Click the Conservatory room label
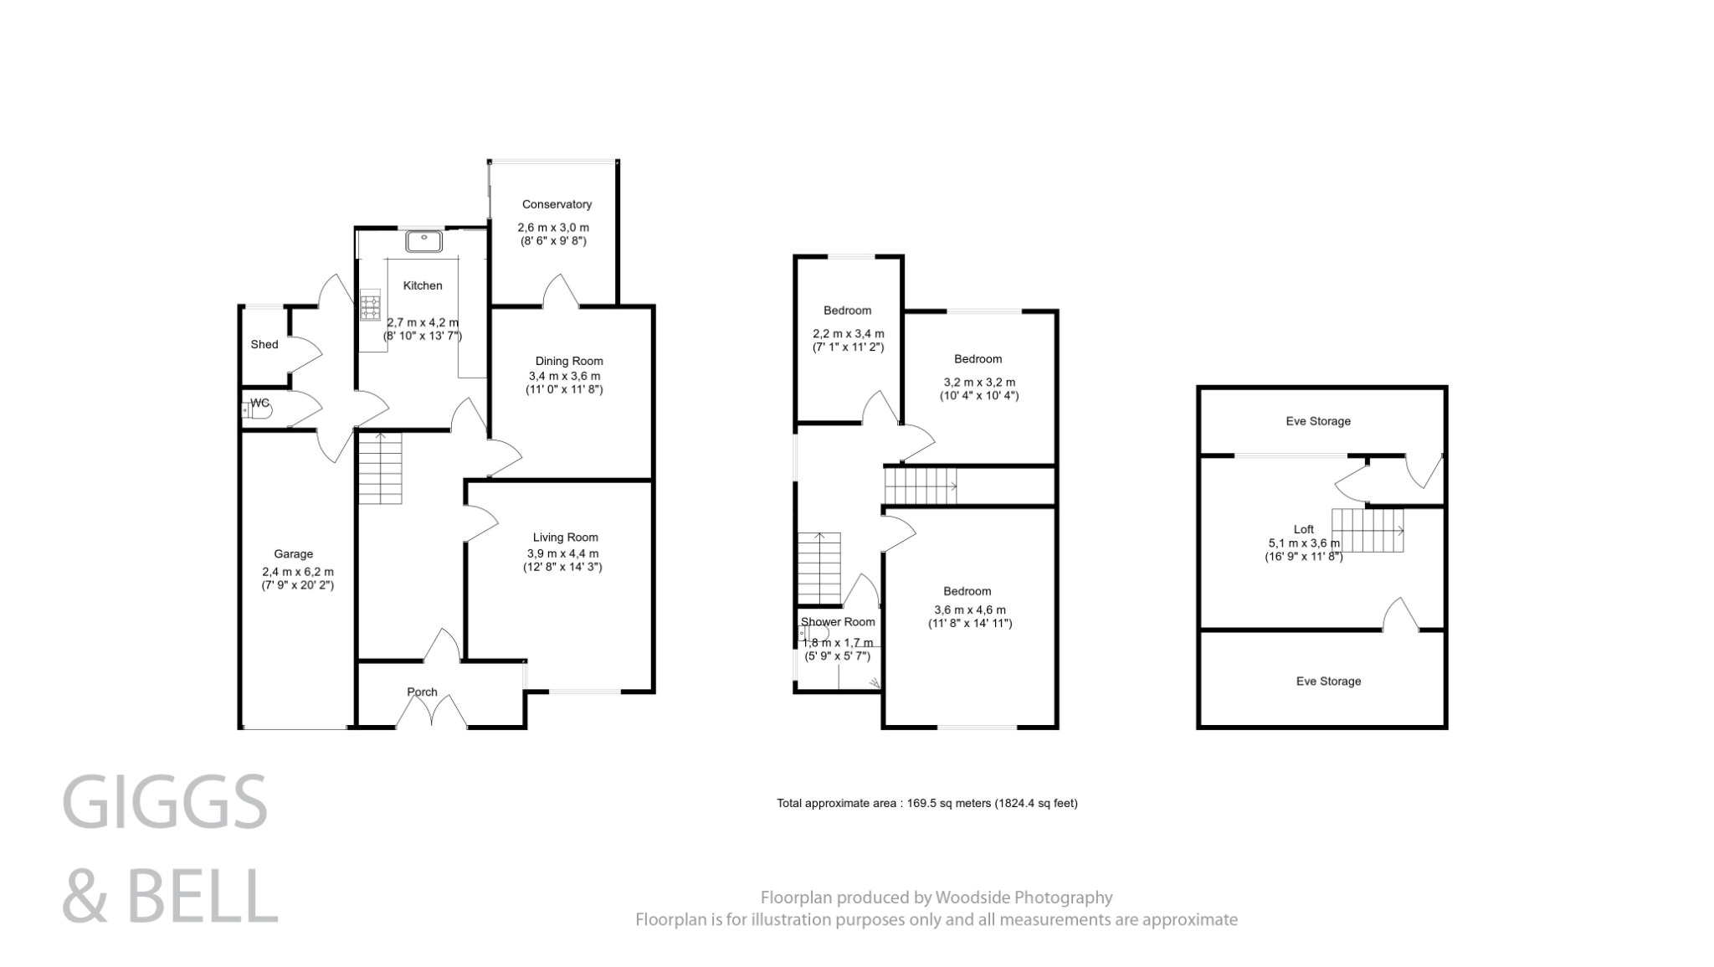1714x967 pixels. [x=557, y=204]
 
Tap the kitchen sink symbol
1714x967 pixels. [x=423, y=242]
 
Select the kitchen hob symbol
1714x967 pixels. [x=370, y=305]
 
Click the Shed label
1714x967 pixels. [x=264, y=344]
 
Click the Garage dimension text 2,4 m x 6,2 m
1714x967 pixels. [x=297, y=572]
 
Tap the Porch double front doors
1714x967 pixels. [x=431, y=712]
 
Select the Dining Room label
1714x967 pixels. [x=569, y=361]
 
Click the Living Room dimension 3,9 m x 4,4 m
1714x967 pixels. [x=562, y=553]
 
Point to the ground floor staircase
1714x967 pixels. [x=380, y=469]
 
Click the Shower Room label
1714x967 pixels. [x=838, y=622]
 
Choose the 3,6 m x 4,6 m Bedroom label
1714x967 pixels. [x=967, y=591]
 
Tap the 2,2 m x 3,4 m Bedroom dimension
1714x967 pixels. [x=848, y=333]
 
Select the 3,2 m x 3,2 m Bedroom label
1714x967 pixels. [x=978, y=359]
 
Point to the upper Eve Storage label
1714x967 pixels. [x=1318, y=421]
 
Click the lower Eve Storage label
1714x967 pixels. [x=1328, y=682]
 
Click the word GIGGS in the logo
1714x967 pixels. [x=165, y=802]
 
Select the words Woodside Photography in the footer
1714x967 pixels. [x=1024, y=898]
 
